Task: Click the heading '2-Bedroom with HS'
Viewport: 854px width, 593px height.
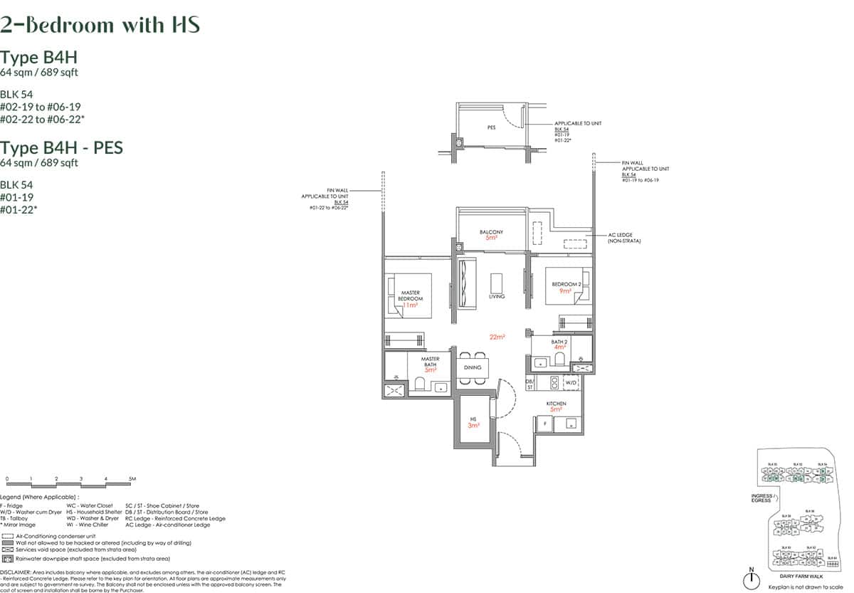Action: tap(100, 25)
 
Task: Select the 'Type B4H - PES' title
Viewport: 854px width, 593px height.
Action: tap(61, 147)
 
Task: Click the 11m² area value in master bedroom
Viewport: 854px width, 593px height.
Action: tap(409, 305)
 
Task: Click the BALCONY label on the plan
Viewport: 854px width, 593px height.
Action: tap(491, 232)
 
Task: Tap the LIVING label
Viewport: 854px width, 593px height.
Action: tap(496, 296)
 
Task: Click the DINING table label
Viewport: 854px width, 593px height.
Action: tap(473, 367)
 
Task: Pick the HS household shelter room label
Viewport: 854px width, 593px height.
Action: tap(472, 420)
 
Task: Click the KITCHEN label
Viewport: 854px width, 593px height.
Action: tap(556, 404)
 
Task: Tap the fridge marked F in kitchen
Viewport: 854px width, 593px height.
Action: tap(545, 422)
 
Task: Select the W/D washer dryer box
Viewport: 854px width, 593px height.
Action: tap(570, 383)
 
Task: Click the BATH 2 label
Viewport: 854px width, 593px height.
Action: tap(559, 342)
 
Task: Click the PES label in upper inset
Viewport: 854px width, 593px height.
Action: tap(491, 128)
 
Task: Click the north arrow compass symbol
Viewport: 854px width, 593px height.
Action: tap(751, 579)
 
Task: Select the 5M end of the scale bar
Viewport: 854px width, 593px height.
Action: tap(132, 479)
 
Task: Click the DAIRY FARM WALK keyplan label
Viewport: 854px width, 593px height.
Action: tap(802, 576)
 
